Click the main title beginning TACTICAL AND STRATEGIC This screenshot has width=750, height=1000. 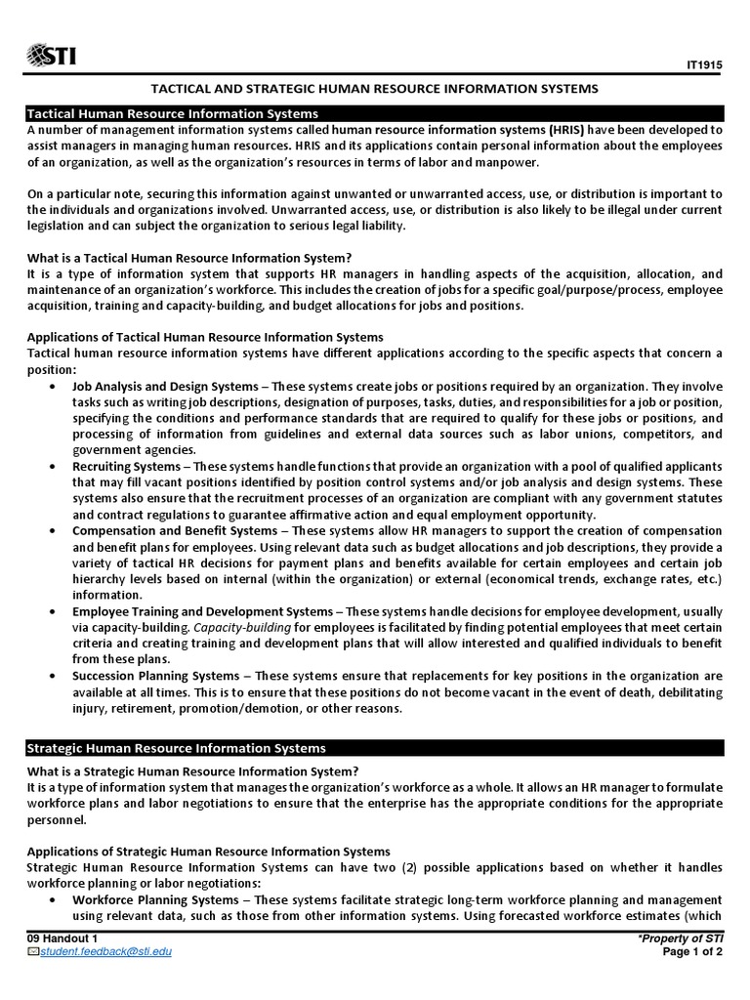tap(374, 89)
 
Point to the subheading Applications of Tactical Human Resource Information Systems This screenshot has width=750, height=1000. tap(204, 337)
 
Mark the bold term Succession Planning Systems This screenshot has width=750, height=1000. tap(155, 676)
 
